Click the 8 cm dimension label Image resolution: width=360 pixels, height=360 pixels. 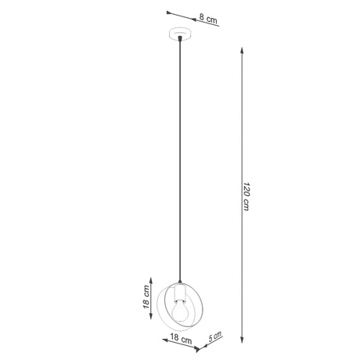pos(208,17)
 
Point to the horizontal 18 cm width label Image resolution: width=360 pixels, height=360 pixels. pos(182,340)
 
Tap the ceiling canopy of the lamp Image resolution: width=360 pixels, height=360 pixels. pos(180,34)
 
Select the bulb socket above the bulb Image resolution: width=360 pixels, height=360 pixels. pos(179,293)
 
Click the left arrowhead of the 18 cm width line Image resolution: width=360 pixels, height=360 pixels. pos(165,332)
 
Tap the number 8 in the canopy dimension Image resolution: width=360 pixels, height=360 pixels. pos(202,16)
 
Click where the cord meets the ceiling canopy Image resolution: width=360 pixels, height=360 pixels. pos(180,39)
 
